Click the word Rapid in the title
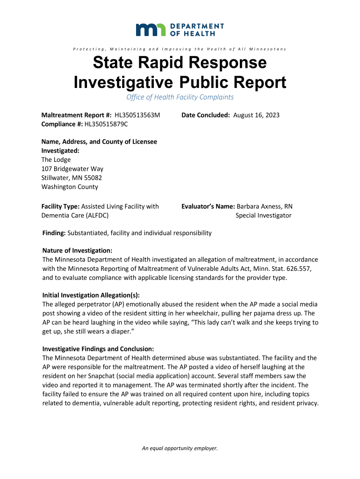[173, 63]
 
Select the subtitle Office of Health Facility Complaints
[180, 97]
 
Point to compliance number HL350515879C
[106, 124]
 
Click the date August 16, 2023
[256, 115]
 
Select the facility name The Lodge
[56, 160]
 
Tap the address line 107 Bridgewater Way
[72, 169]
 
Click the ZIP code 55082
[93, 178]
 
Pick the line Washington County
[70, 187]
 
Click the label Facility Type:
[61, 206]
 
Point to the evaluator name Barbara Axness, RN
[265, 206]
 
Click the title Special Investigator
[263, 216]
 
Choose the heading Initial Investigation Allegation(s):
[91, 295]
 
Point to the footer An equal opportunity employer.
[180, 448]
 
